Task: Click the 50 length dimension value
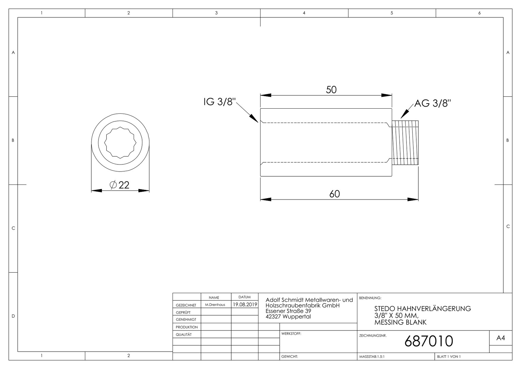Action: pyautogui.click(x=331, y=90)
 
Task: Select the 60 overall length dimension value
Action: pyautogui.click(x=334, y=194)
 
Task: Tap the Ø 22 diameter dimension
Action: pyautogui.click(x=119, y=185)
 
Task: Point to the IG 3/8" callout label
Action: pyautogui.click(x=220, y=102)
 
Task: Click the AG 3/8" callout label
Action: pyautogui.click(x=433, y=103)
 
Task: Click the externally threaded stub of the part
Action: pyautogui.click(x=405, y=143)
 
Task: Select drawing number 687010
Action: pyautogui.click(x=429, y=341)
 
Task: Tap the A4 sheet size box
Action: pyautogui.click(x=501, y=338)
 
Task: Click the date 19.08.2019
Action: pyautogui.click(x=245, y=304)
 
